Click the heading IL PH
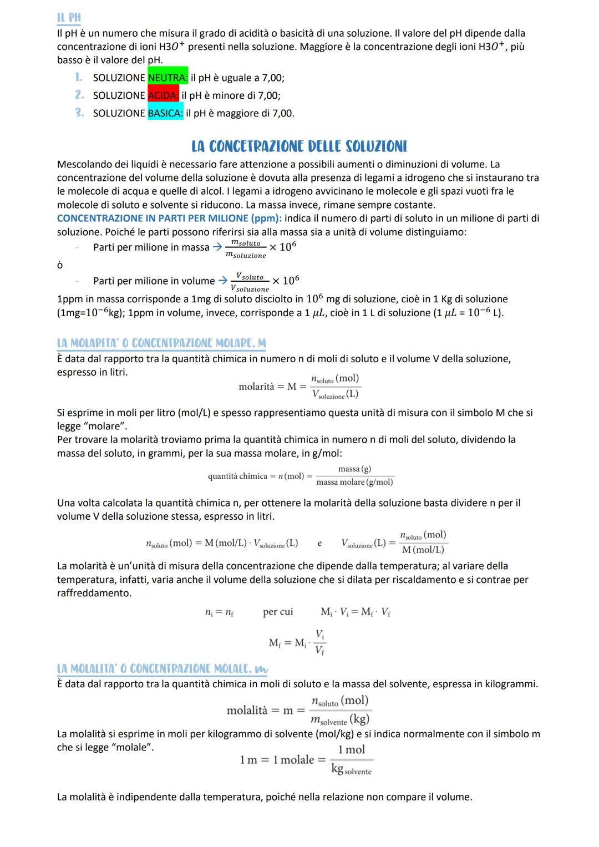pos(69,18)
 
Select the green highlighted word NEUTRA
pos(167,78)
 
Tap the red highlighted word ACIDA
pos(163,95)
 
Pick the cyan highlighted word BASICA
pos(165,113)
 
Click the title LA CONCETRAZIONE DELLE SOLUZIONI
pos(299,146)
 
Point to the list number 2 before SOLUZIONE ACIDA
pos(79,95)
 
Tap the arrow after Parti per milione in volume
pos(222,281)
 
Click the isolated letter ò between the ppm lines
pos(60,266)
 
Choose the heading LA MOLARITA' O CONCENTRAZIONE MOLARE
pos(161,343)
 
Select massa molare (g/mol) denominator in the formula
pos(354,483)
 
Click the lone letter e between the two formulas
pos(319,544)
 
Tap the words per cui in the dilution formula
pos(278,612)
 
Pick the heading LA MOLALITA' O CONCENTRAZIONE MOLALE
pos(161,669)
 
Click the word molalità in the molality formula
pos(247,711)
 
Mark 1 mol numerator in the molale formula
pos(352,750)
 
